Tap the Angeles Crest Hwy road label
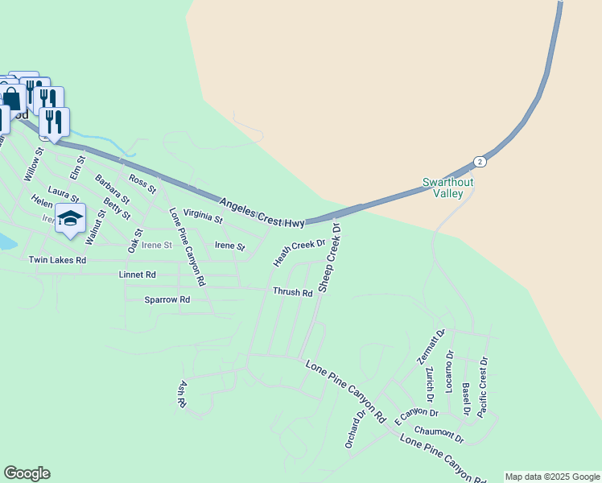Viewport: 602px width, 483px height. [262, 211]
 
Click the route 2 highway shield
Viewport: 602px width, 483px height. [480, 161]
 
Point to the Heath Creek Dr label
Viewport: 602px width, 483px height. [299, 252]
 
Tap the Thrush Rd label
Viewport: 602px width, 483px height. [292, 292]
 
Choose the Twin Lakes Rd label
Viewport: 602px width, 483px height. [56, 260]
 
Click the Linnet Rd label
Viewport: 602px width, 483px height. [137, 275]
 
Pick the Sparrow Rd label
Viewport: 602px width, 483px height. [167, 299]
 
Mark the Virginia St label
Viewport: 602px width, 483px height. [203, 215]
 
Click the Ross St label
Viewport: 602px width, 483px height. [142, 183]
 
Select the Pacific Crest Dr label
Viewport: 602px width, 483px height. [483, 386]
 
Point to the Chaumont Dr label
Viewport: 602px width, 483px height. [439, 435]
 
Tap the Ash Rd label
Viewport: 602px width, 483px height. [183, 393]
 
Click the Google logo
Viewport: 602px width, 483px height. [27, 473]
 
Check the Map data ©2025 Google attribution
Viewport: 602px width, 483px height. [552, 477]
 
